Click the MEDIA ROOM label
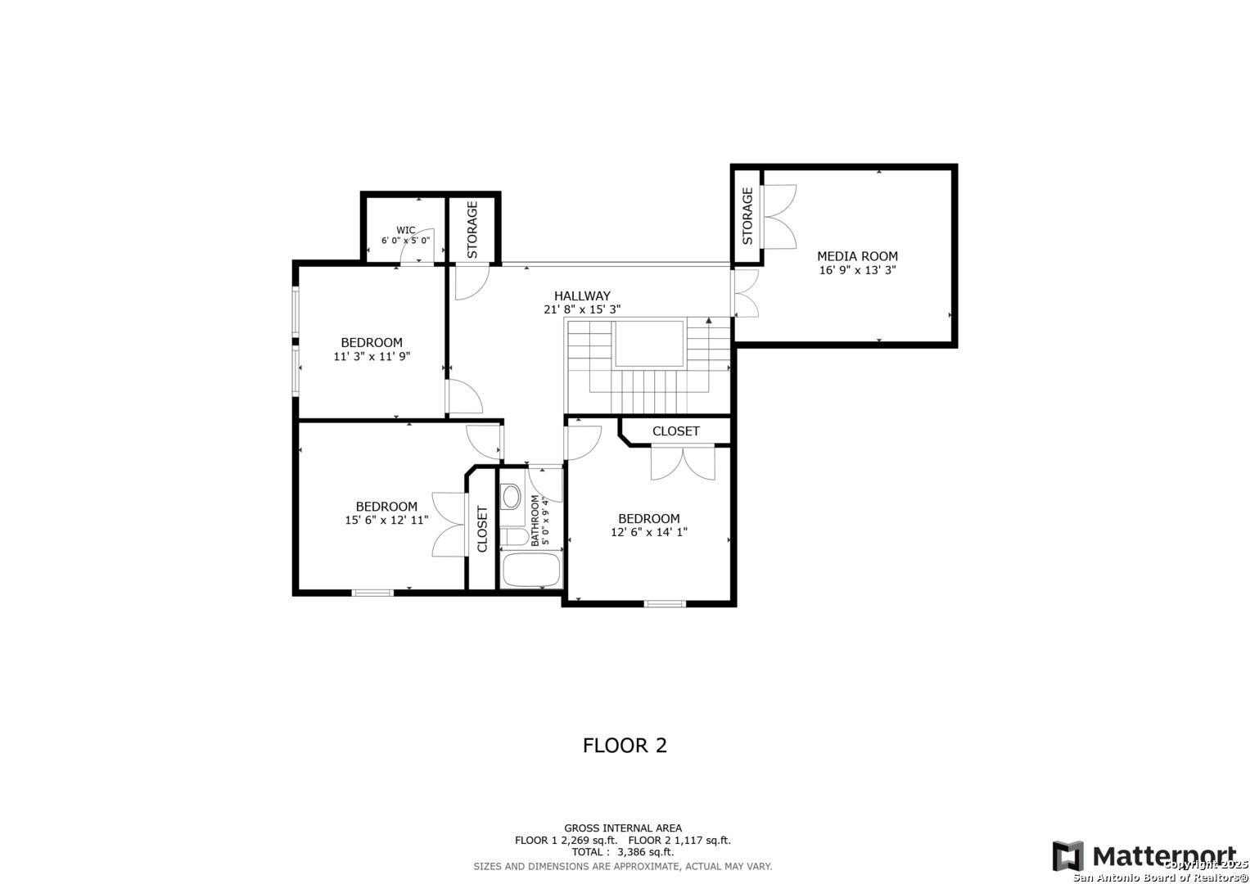pos(857,256)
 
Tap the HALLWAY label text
pos(582,295)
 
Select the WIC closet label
pos(406,230)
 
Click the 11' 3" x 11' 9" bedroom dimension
pos(372,356)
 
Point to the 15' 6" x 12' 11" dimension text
pos(386,520)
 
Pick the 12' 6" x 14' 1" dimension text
pos(649,532)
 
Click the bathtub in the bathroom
pos(530,569)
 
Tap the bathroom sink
pos(511,496)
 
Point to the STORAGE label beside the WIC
pos(472,230)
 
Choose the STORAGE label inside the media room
pos(747,216)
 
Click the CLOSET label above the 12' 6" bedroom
pos(676,431)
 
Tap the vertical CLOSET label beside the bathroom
pos(482,529)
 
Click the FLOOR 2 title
pos(625,745)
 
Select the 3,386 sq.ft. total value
pos(645,852)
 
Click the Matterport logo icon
pos(1068,856)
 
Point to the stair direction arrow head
pos(709,320)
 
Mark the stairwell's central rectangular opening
pos(649,344)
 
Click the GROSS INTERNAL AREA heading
pos(623,828)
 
